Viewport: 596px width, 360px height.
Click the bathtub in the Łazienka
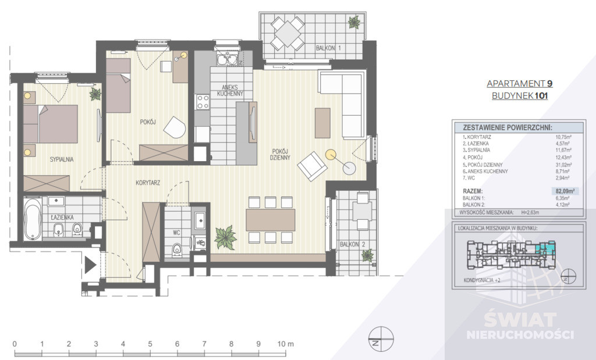(33, 219)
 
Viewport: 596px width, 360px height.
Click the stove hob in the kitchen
(202, 102)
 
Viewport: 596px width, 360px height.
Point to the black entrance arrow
(90, 265)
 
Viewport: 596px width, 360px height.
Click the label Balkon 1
(328, 48)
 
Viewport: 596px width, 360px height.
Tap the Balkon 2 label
(352, 244)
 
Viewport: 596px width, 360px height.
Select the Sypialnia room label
(62, 159)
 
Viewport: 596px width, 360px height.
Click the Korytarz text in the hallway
(148, 183)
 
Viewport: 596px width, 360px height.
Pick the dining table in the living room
(270, 220)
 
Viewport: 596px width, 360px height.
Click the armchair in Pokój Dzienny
(312, 166)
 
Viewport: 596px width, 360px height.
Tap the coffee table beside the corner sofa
(322, 123)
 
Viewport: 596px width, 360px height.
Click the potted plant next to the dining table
(225, 238)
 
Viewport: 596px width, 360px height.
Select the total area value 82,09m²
(565, 191)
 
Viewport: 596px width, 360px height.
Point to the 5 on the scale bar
(150, 344)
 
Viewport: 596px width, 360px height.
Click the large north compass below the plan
(381, 338)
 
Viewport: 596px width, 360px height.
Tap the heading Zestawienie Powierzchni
(508, 127)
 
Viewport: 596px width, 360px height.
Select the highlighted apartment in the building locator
(545, 248)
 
